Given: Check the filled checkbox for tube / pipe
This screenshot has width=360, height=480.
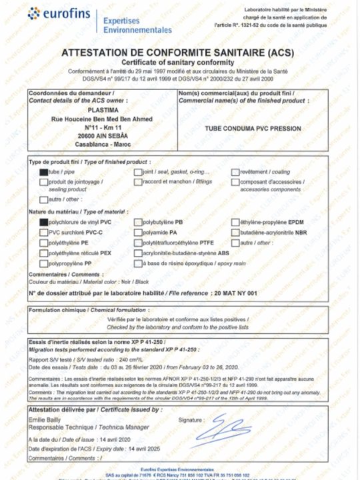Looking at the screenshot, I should pos(44,172).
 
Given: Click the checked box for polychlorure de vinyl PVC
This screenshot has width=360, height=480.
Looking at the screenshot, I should pos(44,221).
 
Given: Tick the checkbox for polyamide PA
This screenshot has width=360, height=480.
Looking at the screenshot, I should pos(138,232).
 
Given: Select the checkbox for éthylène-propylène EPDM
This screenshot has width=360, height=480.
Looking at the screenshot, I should pos(235,221).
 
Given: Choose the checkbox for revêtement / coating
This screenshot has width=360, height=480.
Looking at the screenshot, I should pos(235,172).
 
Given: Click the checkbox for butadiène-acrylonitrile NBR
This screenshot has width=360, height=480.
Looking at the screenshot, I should pos(235,232).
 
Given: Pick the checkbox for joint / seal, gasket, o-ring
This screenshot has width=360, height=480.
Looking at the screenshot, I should pos(138,172).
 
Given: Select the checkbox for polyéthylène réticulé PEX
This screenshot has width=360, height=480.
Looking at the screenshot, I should pos(44,253).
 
